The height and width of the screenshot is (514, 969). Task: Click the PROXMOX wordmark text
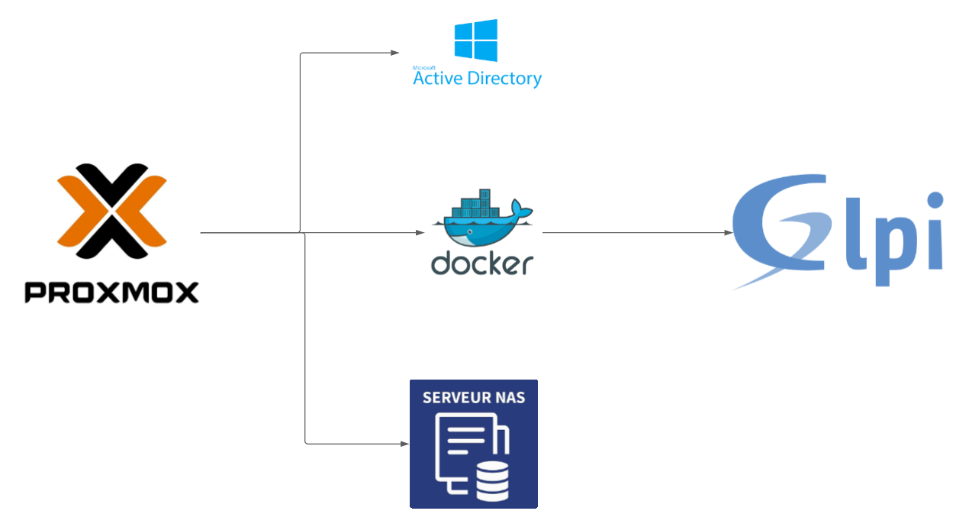coord(111,293)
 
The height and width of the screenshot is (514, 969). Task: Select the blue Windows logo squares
coord(476,40)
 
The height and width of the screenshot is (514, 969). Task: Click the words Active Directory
coord(477,78)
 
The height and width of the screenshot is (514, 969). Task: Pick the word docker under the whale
coord(481,263)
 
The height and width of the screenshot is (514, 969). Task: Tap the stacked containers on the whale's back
coord(476,204)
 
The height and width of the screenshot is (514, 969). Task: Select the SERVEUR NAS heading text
coord(474,398)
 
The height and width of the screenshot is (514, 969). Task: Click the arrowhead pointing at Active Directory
coord(395,53)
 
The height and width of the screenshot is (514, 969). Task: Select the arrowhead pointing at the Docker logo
coord(420,232)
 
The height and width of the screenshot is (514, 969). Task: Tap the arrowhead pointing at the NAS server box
coord(404,443)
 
